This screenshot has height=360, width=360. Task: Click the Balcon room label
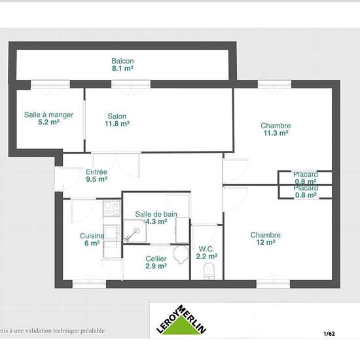[122, 61]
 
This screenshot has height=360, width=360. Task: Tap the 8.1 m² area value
[122, 68]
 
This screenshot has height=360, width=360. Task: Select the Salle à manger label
[48, 115]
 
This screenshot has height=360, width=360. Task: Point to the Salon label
[117, 116]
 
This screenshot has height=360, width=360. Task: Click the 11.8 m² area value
[118, 123]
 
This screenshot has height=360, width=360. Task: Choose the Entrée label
[97, 171]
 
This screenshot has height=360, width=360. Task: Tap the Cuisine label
[90, 236]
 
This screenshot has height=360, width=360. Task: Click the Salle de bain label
[156, 214]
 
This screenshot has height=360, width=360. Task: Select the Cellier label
[156, 259]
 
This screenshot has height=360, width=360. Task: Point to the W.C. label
[207, 248]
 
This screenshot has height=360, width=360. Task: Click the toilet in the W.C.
[209, 269]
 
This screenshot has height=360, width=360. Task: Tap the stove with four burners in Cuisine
[111, 209]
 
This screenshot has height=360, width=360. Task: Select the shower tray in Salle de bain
[135, 232]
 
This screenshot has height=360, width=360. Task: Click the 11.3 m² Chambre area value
[276, 133]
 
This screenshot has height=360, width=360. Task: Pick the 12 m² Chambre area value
[266, 243]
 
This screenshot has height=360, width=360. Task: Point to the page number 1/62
[329, 334]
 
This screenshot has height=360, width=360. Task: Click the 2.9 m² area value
[156, 266]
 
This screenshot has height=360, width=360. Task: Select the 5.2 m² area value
[48, 122]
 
